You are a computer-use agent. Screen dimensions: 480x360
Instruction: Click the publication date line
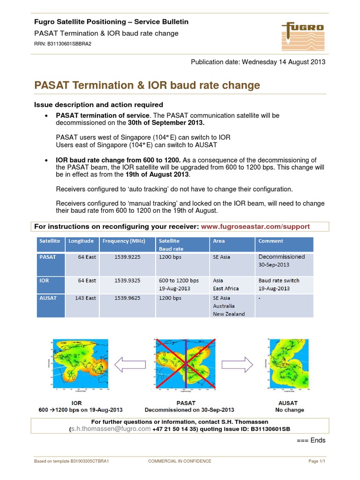point(257,62)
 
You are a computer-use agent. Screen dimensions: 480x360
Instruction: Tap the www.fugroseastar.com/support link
point(255,226)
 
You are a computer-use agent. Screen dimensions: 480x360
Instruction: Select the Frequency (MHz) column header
point(121,241)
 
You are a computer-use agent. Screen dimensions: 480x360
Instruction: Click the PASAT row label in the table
point(48,257)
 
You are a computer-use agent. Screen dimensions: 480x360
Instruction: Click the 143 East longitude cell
point(85,298)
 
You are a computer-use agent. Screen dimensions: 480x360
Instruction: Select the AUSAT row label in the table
point(49,298)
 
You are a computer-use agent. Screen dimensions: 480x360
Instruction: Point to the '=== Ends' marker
point(311,440)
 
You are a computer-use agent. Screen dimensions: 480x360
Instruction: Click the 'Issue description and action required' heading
point(99,105)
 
